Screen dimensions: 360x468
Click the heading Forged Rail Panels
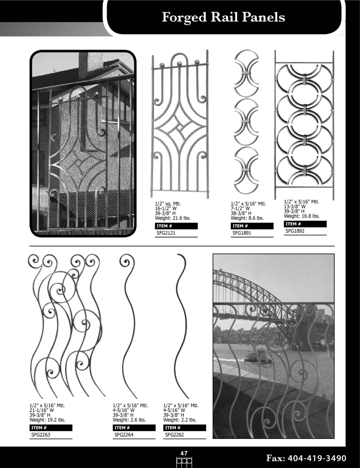tap(223, 17)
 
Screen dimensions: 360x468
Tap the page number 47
tap(184, 453)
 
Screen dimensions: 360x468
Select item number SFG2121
tap(166, 233)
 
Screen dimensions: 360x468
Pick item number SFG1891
tap(242, 233)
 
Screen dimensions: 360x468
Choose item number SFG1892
tap(295, 231)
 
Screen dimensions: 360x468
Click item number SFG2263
tap(41, 435)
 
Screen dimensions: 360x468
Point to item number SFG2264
tap(124, 435)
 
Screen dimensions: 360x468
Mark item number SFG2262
tap(174, 435)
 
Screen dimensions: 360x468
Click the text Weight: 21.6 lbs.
tap(173, 218)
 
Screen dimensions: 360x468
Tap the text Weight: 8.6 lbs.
tap(247, 218)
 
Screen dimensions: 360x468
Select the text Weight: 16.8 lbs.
tap(302, 216)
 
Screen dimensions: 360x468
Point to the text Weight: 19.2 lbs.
tap(47, 420)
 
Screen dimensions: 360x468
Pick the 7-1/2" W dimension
tap(240, 208)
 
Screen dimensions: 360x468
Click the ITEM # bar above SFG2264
tap(134, 428)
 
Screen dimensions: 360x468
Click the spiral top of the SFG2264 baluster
tap(126, 261)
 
